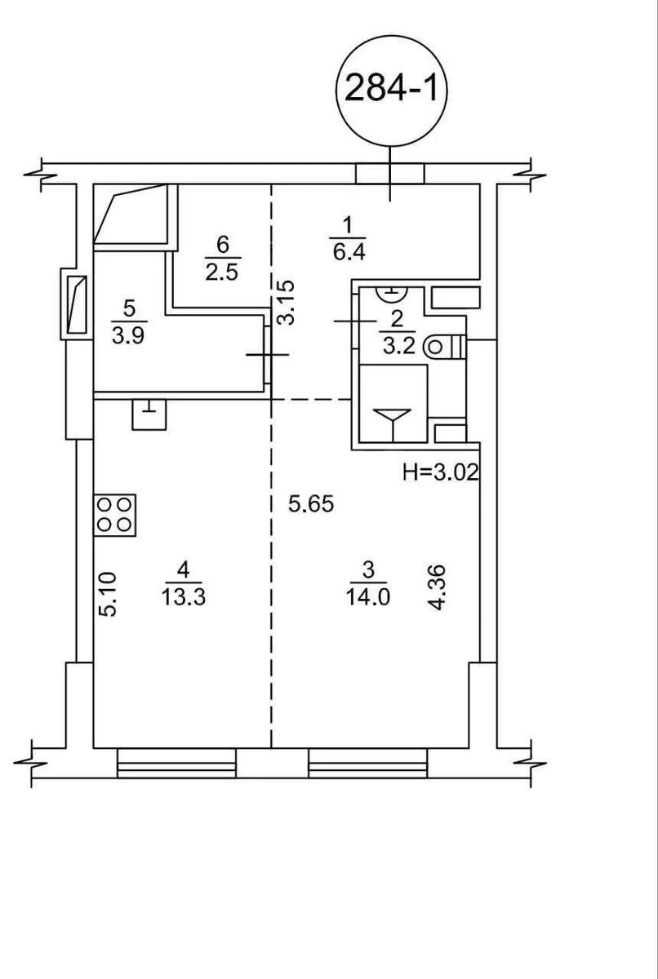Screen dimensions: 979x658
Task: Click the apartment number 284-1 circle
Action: tap(392, 90)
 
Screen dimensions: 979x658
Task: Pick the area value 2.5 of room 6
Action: tap(221, 272)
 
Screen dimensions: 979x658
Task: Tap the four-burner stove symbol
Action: tap(115, 514)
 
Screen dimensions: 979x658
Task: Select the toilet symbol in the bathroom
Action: tap(444, 347)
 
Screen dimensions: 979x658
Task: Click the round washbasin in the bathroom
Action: tap(393, 290)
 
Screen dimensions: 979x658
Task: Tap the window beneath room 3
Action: tap(367, 764)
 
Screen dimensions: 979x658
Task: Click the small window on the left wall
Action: tap(75, 304)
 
